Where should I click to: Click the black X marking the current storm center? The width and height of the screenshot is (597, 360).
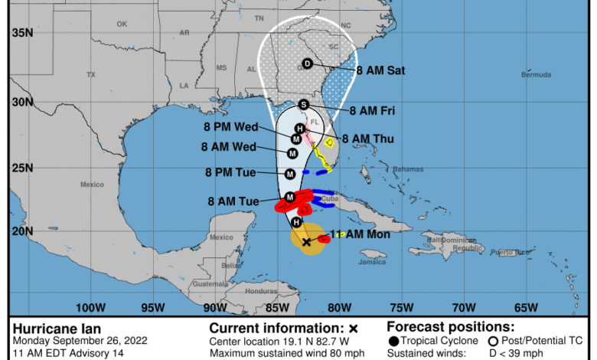[306, 241]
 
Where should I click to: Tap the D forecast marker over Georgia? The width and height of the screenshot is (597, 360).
[308, 64]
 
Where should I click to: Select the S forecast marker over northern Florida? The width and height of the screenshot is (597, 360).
[304, 104]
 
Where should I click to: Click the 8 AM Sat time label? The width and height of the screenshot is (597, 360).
[380, 70]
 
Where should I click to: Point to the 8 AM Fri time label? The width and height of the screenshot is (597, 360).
[374, 111]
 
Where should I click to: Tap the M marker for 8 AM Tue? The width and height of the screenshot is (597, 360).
[290, 198]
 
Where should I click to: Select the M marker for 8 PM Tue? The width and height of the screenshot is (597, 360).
[291, 175]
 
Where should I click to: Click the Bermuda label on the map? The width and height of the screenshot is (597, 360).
[536, 75]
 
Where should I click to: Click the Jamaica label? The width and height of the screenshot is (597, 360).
[372, 263]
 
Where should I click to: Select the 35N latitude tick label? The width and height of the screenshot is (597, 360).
[22, 32]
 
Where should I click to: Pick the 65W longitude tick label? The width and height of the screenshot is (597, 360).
[525, 307]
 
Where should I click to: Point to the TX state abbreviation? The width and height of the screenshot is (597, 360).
[91, 75]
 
